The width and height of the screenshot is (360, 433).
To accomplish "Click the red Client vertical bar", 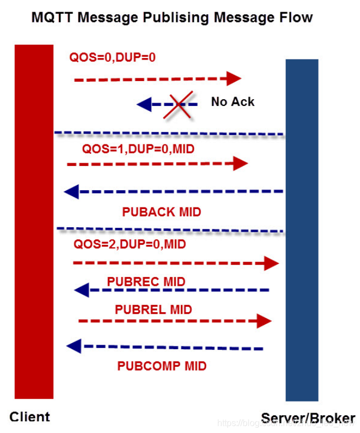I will (34, 221).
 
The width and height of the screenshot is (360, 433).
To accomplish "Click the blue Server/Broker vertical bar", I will (302, 229).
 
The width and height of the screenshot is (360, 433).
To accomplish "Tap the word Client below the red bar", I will (30, 416).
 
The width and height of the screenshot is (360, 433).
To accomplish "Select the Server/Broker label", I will (308, 418).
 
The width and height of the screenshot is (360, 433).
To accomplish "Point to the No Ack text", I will (233, 101).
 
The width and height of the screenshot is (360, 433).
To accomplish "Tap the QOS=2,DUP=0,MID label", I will (130, 244).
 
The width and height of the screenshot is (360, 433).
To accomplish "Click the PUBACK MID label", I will (162, 212).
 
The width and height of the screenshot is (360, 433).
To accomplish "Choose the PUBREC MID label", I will (146, 282).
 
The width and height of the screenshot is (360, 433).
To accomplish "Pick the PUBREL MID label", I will (153, 309).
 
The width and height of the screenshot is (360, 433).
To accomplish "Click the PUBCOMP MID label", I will (162, 366).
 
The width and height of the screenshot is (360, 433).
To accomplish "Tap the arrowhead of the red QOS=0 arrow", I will (234, 78).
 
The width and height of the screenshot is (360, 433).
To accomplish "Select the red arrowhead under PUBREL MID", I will (265, 320).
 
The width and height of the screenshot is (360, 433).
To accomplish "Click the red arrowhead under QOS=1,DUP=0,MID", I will (241, 163).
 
